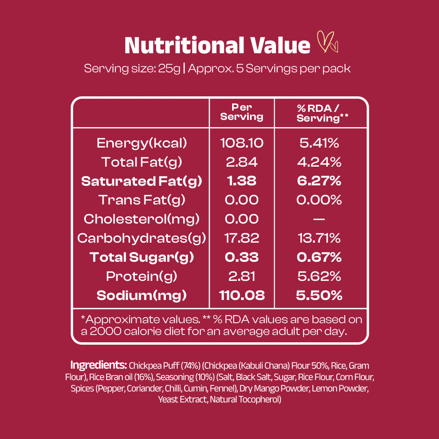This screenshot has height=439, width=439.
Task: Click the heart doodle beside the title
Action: click(328, 42)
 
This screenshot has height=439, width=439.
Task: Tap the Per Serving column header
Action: click(242, 112)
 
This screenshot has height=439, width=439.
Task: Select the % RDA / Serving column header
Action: click(318, 112)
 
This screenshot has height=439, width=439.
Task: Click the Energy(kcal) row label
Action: click(141, 143)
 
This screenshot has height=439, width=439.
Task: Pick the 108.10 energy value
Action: click(242, 143)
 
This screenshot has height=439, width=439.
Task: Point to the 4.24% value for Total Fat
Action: click(318, 162)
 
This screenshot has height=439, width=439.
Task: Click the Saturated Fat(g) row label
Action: click(141, 181)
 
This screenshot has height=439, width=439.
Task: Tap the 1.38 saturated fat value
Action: click(242, 181)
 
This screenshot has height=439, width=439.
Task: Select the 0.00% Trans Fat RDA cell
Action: click(318, 200)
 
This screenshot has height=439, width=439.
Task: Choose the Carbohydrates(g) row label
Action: click(141, 238)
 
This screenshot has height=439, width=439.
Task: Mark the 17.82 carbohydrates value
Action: click(242, 238)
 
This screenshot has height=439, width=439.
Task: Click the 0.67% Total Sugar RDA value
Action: click(318, 257)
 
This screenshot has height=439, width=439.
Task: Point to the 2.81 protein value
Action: click(242, 276)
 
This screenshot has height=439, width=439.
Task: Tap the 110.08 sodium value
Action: click(242, 296)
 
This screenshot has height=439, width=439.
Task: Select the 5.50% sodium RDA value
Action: click(318, 296)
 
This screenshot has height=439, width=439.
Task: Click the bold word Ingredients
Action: click(99, 365)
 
